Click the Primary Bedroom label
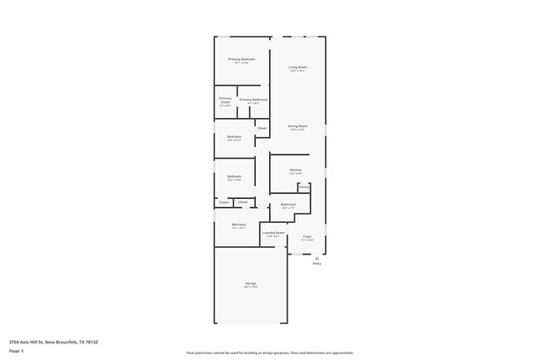click(242, 59)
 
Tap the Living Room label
click(297, 67)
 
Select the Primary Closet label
click(225, 99)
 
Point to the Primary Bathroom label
click(253, 100)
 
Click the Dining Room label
click(297, 126)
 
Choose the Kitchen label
click(296, 170)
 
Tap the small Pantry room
click(304, 187)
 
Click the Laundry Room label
click(274, 233)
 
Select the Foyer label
click(307, 237)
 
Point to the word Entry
click(317, 264)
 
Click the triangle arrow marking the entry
click(317, 257)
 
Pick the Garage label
click(250, 284)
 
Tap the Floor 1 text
click(17, 351)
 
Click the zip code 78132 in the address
click(92, 341)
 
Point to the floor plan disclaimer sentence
click(270, 353)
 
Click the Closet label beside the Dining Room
click(262, 128)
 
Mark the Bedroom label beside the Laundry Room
click(238, 224)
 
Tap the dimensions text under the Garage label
click(250, 288)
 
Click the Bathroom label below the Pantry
click(288, 204)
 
